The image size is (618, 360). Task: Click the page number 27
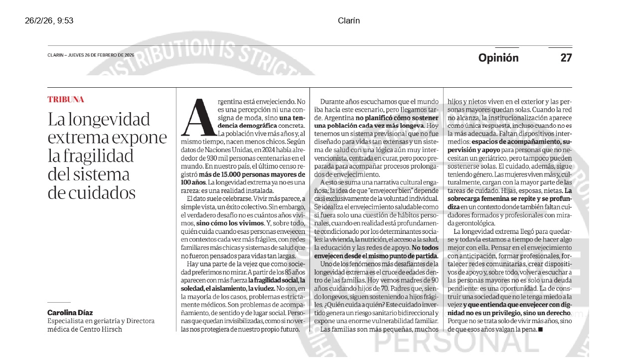566,58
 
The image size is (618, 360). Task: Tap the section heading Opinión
498,58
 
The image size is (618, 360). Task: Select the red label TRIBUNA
66,100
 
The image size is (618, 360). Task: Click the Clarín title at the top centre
348,20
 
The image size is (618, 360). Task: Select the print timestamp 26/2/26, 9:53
49,20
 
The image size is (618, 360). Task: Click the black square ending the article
541,330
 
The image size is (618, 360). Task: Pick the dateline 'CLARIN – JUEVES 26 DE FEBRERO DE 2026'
91,55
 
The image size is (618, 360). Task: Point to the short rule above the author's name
59,302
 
